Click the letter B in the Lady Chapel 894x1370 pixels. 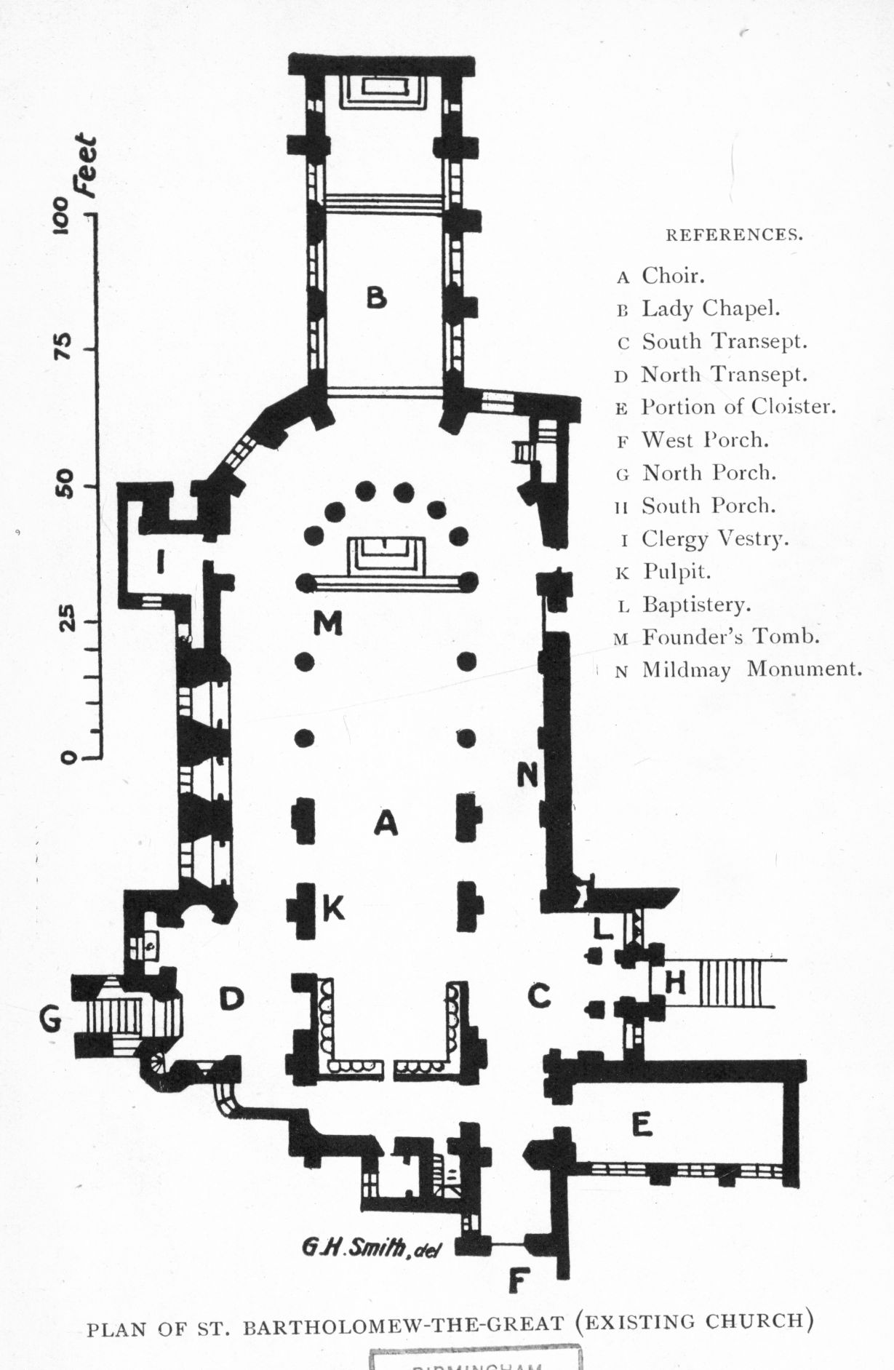coord(375,297)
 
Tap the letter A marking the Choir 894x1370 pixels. coord(386,823)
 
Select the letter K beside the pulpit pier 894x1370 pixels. coord(333,908)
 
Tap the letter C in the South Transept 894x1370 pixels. coord(539,995)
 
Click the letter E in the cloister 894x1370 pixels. coord(641,1125)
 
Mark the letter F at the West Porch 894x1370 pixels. coord(516,1281)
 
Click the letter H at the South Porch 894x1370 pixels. coord(676,984)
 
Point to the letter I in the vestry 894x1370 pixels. coord(160,561)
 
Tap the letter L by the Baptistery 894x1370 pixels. coord(603,928)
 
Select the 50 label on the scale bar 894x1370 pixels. coord(65,485)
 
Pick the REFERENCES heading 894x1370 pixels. coord(735,235)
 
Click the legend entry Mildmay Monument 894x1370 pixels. coord(751,669)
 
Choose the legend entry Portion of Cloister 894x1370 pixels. coord(738,407)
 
